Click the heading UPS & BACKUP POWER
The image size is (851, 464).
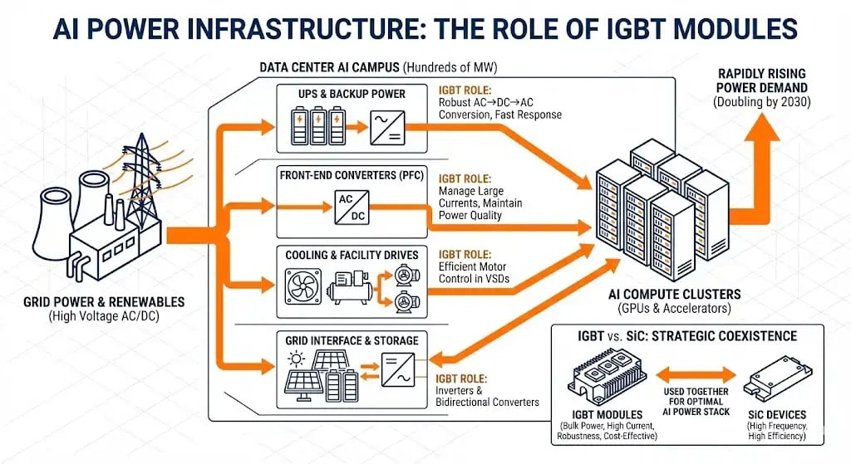coord(353,94)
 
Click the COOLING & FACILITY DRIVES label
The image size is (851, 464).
coord(353,254)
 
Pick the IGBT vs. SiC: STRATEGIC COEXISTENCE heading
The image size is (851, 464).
coord(686,336)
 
